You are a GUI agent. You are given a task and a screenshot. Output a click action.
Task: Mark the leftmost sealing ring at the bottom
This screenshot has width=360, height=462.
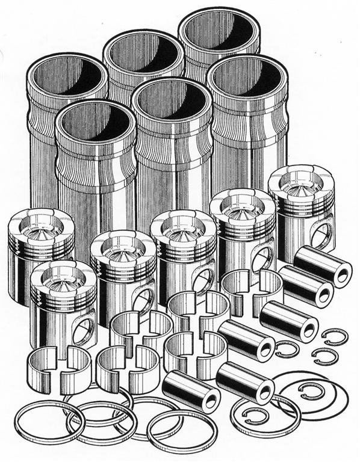(x=49, y=421)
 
